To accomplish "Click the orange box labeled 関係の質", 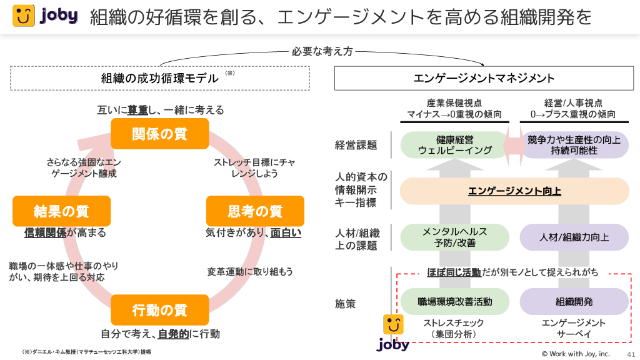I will [x=159, y=134].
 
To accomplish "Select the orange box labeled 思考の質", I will [x=255, y=211].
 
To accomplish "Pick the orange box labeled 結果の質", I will [x=61, y=211].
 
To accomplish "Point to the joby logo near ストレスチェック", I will [x=392, y=333].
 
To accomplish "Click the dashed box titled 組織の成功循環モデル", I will [x=160, y=78].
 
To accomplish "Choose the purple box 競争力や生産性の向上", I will [x=574, y=145].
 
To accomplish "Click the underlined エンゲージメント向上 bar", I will [x=514, y=191].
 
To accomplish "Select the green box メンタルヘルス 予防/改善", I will [x=454, y=237].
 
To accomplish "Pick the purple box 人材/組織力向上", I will [x=574, y=237].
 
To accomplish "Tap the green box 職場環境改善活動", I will [x=454, y=301].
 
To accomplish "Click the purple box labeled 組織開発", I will [x=574, y=301].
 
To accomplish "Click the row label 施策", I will [x=346, y=304].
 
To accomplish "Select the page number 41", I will [x=630, y=353].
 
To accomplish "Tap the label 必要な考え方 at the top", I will [x=322, y=51].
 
